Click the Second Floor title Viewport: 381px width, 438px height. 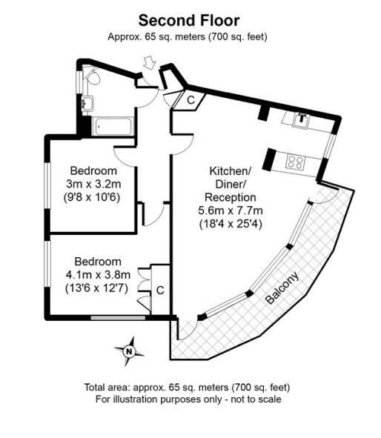pos(189,21)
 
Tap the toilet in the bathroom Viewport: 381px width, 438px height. pos(93,76)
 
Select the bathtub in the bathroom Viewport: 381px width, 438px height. pos(113,126)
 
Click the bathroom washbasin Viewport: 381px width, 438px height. pos(87,103)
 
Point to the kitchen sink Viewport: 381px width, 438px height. pos(301,120)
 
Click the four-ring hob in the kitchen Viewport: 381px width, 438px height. pos(295,162)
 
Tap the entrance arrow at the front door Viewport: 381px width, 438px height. pos(150,62)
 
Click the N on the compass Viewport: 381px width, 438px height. pos(129,351)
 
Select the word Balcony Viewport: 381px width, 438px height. pos(282,288)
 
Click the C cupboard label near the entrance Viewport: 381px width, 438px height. pos(190,100)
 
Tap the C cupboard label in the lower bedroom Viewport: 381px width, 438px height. pos(160,291)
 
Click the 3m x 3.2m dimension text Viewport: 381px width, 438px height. pos(93,184)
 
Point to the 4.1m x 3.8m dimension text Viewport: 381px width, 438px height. pos(98,275)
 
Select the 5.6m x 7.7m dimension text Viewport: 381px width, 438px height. pos(231,210)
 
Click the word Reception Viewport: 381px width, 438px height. pos(231,197)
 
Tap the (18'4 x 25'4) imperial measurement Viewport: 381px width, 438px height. pos(231,224)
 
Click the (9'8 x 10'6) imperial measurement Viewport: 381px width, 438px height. pos(92,197)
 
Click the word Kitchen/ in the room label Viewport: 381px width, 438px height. pos(231,171)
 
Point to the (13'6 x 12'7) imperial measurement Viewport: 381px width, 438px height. pos(96,288)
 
